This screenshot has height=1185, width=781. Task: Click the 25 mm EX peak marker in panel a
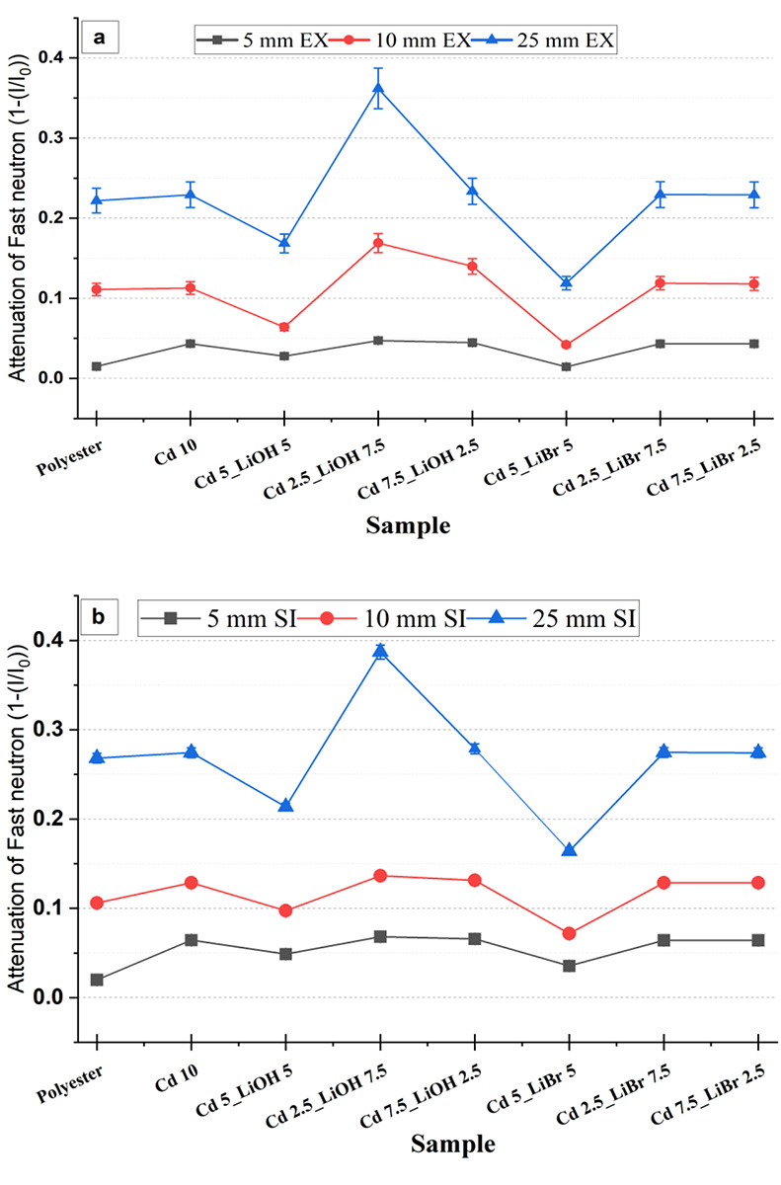click(379, 89)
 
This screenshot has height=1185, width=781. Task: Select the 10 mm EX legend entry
click(410, 39)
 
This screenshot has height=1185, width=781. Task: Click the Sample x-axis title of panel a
click(408, 525)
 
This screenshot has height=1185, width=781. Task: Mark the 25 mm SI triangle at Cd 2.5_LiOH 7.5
click(379, 651)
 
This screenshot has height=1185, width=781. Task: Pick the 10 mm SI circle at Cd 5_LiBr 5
click(569, 933)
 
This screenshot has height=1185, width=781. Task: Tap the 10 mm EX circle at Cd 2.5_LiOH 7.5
click(379, 243)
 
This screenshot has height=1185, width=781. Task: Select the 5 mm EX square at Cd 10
click(191, 344)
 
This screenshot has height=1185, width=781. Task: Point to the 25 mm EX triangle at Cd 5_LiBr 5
click(567, 283)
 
